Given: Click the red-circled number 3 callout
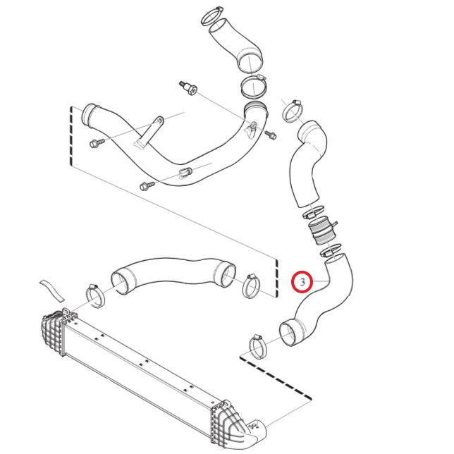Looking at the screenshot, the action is pos(302,282).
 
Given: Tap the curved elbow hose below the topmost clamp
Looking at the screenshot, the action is pos(235,46).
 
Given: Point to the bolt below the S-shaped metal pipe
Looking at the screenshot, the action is pos(147,185).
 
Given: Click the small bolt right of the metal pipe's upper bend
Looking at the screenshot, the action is pos(271,135).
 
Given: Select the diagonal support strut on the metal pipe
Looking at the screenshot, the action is pos(149,133).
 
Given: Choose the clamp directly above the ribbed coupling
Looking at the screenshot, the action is pos(312,212).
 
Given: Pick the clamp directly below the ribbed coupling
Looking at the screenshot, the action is pos(330,250).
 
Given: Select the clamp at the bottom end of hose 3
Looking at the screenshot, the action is pos(257,347).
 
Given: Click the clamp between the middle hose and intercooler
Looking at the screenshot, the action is pos(95,296).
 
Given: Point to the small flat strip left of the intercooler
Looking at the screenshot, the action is pos(52,290).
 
